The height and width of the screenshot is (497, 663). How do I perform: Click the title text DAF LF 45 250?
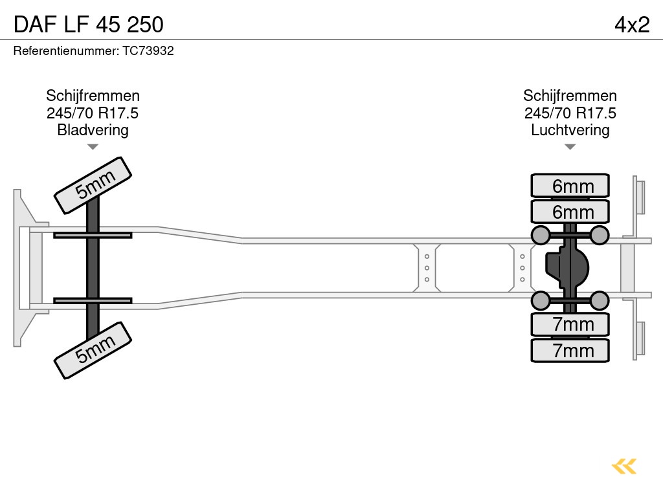(88, 25)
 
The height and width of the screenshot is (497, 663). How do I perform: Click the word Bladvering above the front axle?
(93, 130)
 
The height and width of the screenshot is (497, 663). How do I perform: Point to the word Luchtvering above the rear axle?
(570, 130)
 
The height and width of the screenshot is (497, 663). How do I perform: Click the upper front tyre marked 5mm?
(93, 185)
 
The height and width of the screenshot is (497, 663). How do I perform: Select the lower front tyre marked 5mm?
(93, 349)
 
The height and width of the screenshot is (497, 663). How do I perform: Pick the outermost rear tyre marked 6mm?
(570, 186)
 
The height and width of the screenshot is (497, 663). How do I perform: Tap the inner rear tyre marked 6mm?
(570, 212)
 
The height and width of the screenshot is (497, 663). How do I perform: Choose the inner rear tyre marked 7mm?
(570, 324)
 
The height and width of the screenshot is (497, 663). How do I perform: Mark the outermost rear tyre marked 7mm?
(570, 350)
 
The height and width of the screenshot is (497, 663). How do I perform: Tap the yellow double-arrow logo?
(624, 466)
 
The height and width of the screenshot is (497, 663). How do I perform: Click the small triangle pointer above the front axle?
(93, 147)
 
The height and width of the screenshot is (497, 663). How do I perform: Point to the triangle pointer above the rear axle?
(570, 147)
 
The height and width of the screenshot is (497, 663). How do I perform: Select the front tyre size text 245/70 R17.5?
(93, 113)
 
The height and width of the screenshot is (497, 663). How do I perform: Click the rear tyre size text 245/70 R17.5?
(570, 113)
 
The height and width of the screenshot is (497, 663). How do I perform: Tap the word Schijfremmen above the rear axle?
(570, 96)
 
